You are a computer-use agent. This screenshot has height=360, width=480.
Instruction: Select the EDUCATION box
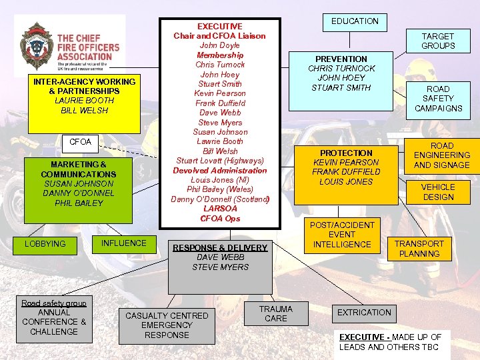(x=355, y=21)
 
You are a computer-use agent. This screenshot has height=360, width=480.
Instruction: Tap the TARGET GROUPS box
(x=438, y=41)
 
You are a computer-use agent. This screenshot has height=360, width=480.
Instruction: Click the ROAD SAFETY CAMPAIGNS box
(x=438, y=99)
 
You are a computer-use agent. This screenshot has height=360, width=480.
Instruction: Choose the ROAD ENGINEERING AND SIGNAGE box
(x=441, y=155)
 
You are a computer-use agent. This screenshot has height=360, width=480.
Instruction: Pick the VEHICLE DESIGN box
(x=438, y=192)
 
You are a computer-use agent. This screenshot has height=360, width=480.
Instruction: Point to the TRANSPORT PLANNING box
(x=419, y=249)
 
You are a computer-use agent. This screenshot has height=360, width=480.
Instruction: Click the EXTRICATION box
(x=364, y=312)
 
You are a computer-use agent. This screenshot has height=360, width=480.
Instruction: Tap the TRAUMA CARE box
(x=275, y=313)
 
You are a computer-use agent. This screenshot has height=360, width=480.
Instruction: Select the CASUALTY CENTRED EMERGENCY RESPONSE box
(x=167, y=325)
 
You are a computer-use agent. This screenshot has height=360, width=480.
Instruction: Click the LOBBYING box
(x=45, y=244)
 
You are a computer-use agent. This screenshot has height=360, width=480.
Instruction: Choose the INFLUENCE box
(x=123, y=243)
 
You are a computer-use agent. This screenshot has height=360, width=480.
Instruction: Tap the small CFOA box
(x=81, y=142)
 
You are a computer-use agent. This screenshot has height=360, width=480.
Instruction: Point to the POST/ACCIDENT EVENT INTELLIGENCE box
(x=342, y=235)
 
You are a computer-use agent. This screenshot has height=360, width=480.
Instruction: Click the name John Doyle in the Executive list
(x=219, y=45)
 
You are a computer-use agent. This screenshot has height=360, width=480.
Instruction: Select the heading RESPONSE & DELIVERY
(x=220, y=248)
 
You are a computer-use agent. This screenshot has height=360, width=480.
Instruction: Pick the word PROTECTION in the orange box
(x=346, y=153)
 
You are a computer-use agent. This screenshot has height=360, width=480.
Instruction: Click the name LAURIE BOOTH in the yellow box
(x=84, y=101)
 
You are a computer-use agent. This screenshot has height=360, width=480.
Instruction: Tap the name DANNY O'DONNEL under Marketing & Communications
(x=79, y=193)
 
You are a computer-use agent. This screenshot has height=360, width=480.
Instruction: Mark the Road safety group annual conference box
(x=54, y=317)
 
